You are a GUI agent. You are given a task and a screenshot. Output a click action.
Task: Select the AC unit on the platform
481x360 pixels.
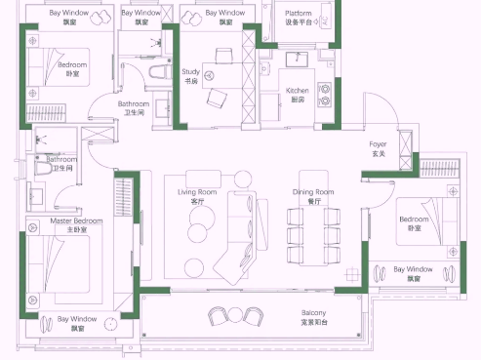pyautogui.click(x=326, y=16)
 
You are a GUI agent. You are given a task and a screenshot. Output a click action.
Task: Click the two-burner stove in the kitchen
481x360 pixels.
pyautogui.click(x=324, y=95)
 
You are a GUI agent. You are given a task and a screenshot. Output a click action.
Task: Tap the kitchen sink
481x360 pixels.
pyautogui.click(x=297, y=60)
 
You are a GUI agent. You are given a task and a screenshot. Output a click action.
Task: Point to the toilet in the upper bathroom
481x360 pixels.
pyautogui.click(x=160, y=72)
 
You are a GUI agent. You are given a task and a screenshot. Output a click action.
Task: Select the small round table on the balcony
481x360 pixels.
pyautogui.click(x=235, y=315)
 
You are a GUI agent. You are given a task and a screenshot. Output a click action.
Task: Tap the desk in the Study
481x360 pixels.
pyautogui.click(x=222, y=75)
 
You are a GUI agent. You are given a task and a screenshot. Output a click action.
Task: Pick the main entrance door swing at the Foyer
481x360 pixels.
pyautogui.click(x=381, y=109)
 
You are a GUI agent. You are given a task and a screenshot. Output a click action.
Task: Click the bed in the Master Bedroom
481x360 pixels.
pyautogui.click(x=60, y=264)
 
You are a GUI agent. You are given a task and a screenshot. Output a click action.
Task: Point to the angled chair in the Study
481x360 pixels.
pyautogui.click(x=217, y=99)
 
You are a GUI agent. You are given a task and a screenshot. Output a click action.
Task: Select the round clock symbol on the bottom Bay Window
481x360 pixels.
pyautogui.click(x=110, y=324)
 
